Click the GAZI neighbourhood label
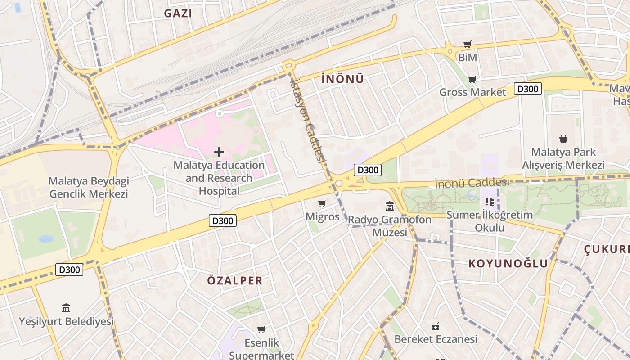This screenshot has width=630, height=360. pyautogui.click(x=178, y=13)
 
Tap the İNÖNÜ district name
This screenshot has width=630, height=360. pyautogui.click(x=342, y=79)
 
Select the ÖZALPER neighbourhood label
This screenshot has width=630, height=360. pyautogui.click(x=234, y=281)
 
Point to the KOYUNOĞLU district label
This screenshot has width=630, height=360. pyautogui.click(x=508, y=264)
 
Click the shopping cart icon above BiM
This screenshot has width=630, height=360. pyautogui.click(x=468, y=44)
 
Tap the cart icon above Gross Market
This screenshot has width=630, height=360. pyautogui.click(x=472, y=80)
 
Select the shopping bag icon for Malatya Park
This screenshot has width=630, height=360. pyautogui.click(x=563, y=139)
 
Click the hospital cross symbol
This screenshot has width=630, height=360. pyautogui.click(x=219, y=152)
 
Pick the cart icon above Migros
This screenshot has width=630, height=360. pyautogui.click(x=322, y=204)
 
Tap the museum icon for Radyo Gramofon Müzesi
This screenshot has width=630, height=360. pyautogui.click(x=390, y=207)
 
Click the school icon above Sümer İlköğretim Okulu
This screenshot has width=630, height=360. pyautogui.click(x=490, y=202)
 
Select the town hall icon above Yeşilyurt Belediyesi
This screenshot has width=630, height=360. pyautogui.click(x=66, y=308)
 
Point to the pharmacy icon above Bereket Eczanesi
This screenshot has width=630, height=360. pyautogui.click(x=436, y=326)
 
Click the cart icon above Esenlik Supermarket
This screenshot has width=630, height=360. pyautogui.click(x=261, y=330)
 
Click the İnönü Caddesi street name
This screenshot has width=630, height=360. pyautogui.click(x=472, y=183)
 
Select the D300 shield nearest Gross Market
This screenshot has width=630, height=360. pyautogui.click(x=527, y=89)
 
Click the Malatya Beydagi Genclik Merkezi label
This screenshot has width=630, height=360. pyautogui.click(x=89, y=188)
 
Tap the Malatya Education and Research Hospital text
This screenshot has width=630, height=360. pyautogui.click(x=219, y=178)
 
